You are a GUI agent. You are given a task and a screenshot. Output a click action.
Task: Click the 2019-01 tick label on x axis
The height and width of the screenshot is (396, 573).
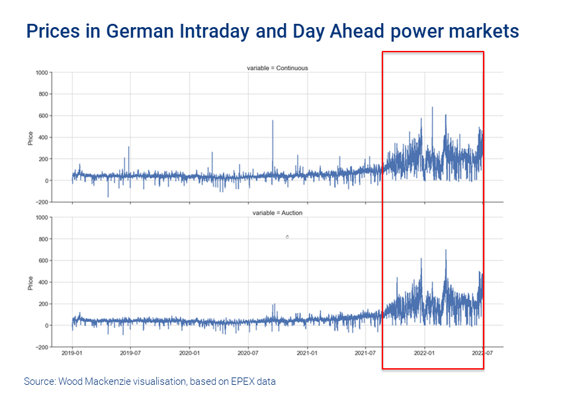pyautogui.click(x=72, y=353)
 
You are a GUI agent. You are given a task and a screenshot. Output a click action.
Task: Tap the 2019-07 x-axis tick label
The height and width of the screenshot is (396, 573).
pyautogui.click(x=130, y=353)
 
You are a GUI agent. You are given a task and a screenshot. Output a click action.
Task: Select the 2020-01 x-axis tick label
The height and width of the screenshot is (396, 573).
pyautogui.click(x=190, y=353)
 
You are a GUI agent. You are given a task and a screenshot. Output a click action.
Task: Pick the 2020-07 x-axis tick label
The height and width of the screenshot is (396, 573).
pyautogui.click(x=248, y=353)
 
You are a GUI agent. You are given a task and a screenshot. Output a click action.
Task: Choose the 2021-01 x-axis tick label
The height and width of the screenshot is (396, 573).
pyautogui.click(x=308, y=353)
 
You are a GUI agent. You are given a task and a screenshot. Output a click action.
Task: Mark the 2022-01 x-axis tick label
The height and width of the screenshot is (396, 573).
pyautogui.click(x=424, y=353)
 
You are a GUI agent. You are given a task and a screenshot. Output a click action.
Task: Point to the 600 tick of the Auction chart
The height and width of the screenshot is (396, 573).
pyautogui.click(x=44, y=260)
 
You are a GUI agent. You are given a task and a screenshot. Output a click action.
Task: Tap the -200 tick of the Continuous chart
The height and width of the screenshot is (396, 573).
pyautogui.click(x=43, y=202)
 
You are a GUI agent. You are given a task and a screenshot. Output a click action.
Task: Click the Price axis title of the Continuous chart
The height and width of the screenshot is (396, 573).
pyautogui.click(x=30, y=138)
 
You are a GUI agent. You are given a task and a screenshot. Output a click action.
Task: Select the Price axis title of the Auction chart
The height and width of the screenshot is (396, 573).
pyautogui.click(x=30, y=282)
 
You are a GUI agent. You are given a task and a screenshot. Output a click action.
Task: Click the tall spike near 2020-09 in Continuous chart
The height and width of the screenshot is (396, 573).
pyautogui.click(x=273, y=122)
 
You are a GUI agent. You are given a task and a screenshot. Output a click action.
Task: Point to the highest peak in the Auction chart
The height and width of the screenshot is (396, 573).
pyautogui.click(x=446, y=251)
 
